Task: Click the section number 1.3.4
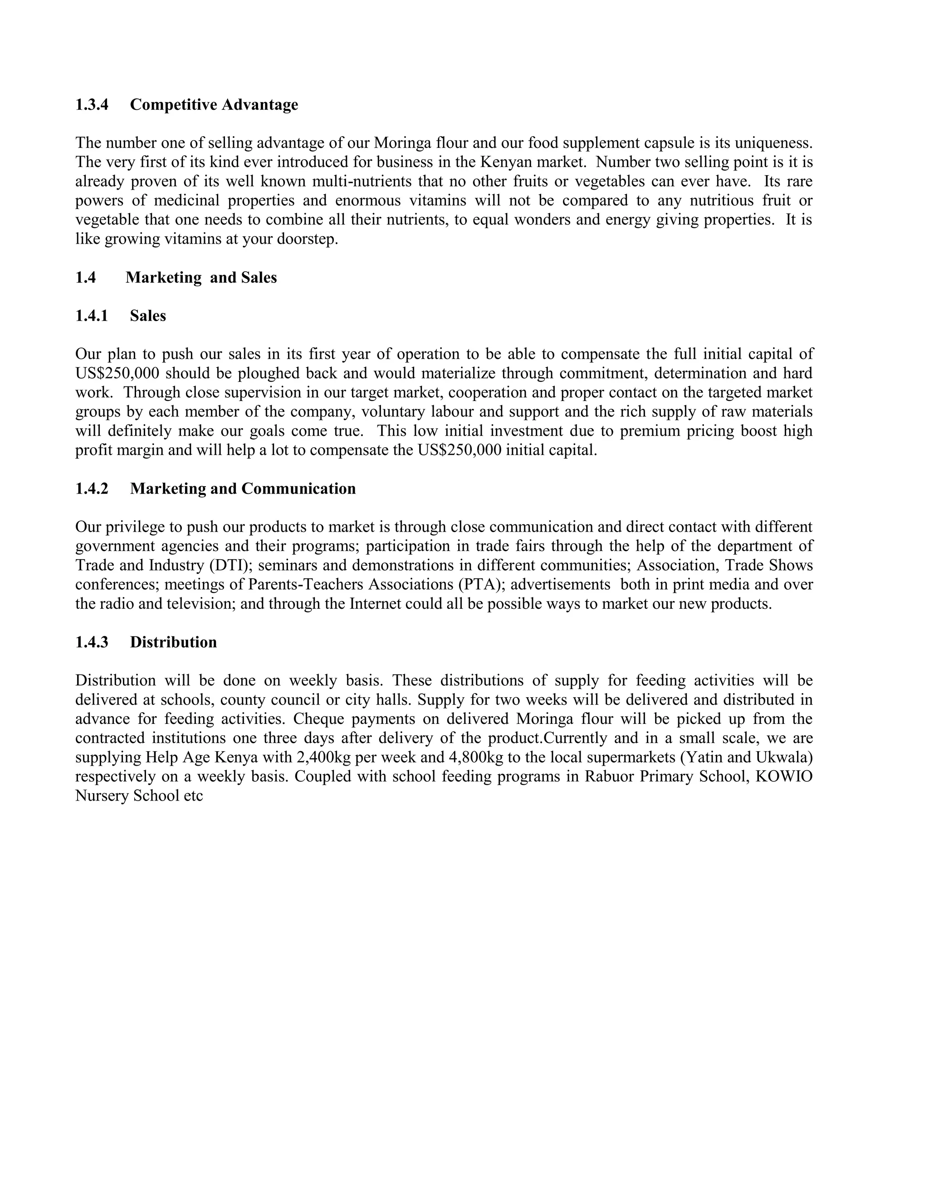[92, 105]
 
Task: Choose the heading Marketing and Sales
[201, 278]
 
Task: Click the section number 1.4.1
[92, 316]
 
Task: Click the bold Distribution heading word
[173, 642]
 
